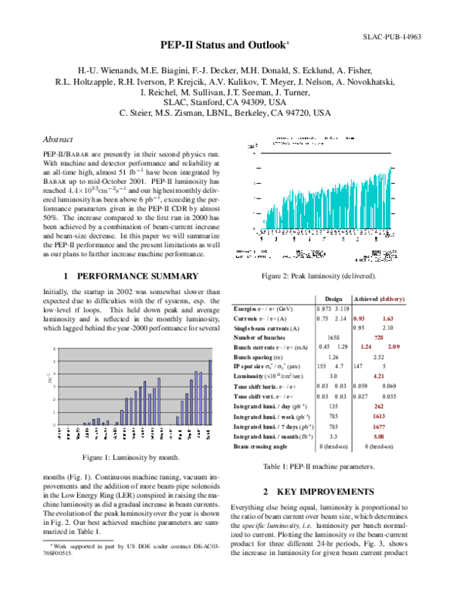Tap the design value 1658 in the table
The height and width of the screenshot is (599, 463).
coord(333,337)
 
